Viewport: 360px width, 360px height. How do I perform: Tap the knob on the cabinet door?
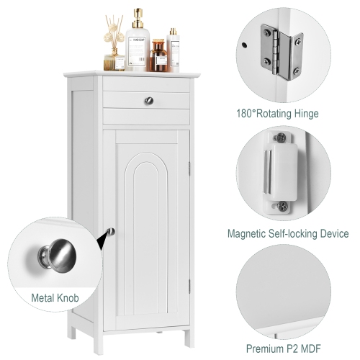[110, 232]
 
